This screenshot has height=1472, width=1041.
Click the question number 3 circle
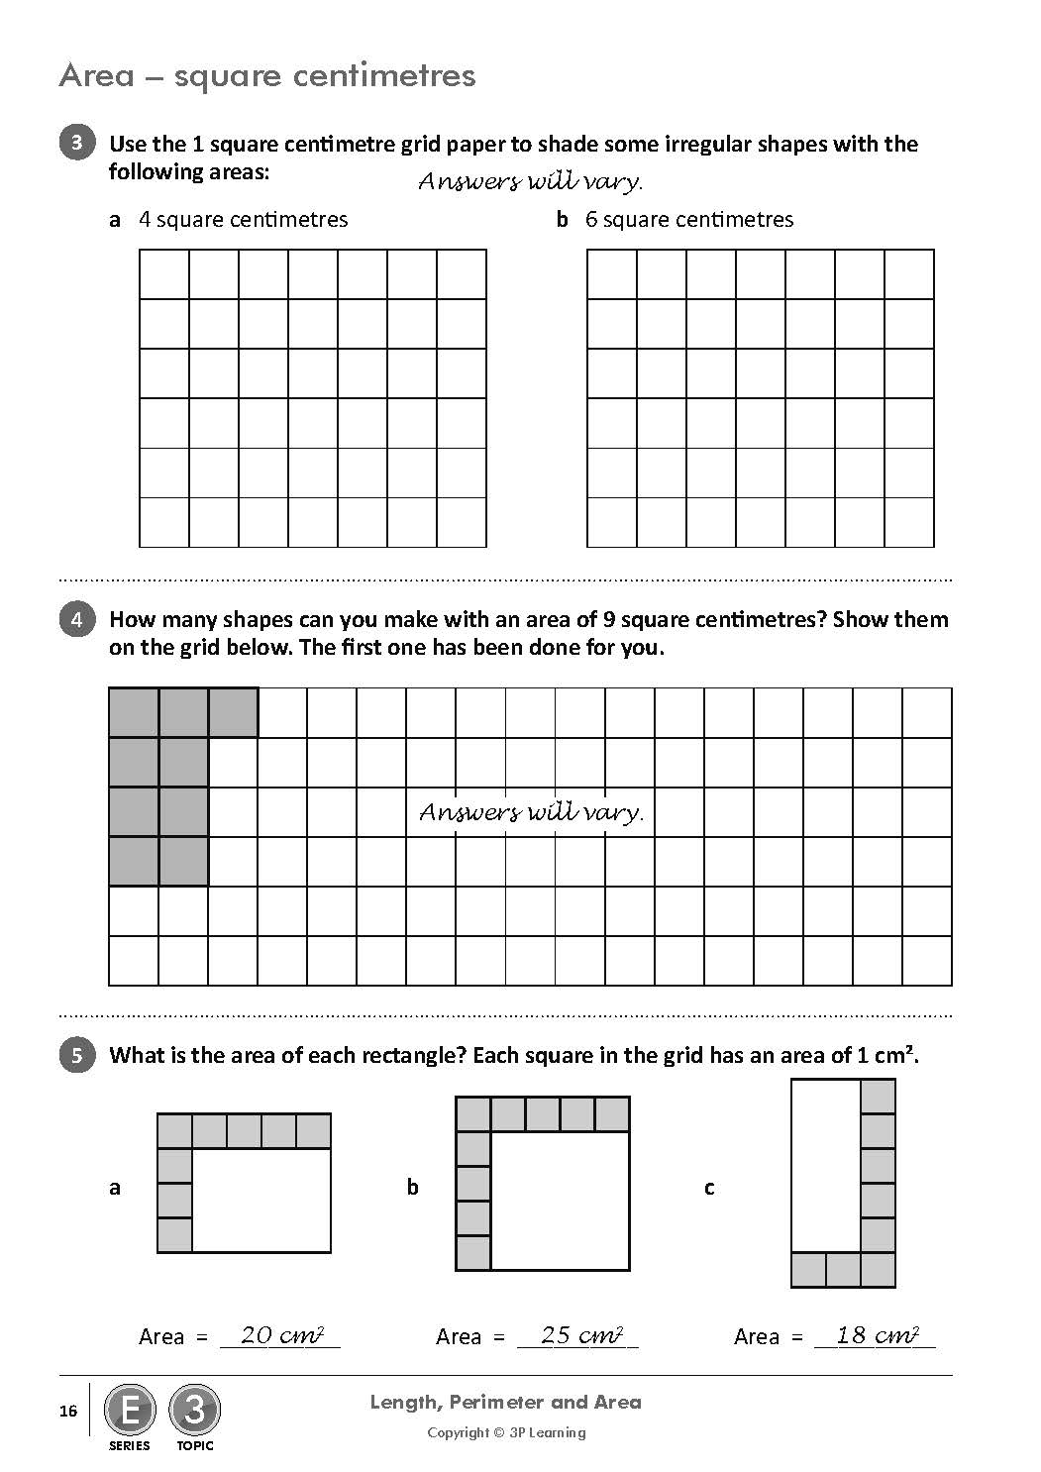point(77,143)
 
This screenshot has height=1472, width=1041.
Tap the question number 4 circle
point(77,619)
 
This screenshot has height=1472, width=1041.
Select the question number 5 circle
point(77,1055)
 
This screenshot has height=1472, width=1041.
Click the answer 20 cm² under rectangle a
point(281,1335)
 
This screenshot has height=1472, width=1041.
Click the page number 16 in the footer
point(68,1411)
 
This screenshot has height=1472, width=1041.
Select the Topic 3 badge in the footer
point(194,1411)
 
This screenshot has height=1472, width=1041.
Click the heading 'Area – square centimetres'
point(267,75)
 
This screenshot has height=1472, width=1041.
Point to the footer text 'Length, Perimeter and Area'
point(505,1402)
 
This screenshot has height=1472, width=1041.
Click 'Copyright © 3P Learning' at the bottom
point(506,1432)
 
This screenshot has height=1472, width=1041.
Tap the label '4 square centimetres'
point(243,219)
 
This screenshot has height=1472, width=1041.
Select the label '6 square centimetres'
point(689,219)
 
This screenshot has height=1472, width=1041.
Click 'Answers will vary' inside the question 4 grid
point(531,812)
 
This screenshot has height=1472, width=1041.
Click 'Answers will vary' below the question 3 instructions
point(531,182)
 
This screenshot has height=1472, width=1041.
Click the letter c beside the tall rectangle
point(709,1187)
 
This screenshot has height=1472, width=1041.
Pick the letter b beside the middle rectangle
point(413,1187)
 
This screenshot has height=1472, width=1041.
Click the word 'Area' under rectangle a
point(161,1337)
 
